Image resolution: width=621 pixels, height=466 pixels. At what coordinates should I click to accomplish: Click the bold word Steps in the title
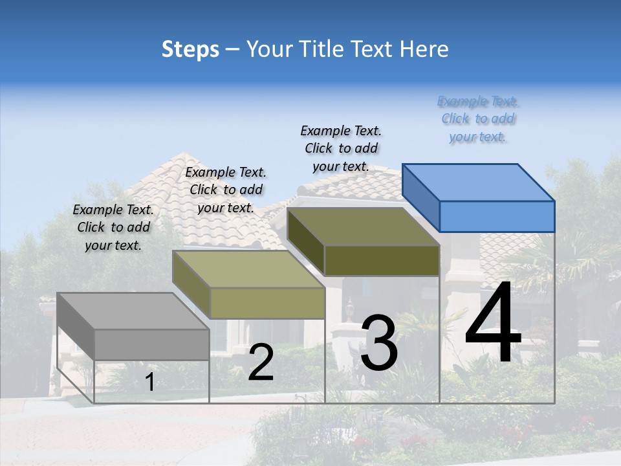coord(190,49)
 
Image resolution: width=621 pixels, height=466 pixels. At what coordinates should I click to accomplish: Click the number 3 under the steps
coord(378,343)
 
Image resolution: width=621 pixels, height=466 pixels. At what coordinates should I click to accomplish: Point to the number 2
coord(261,362)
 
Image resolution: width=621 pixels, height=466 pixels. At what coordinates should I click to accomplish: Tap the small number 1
coord(149,382)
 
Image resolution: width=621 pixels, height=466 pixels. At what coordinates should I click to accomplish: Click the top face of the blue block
coord(479,182)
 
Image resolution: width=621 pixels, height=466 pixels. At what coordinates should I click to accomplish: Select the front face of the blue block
coord(497,216)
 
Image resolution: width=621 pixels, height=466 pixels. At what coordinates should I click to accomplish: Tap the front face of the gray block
coord(151,344)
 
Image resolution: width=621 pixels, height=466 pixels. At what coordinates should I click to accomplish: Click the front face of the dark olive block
coord(382,260)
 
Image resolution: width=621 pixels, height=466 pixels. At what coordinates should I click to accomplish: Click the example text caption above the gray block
coord(113,227)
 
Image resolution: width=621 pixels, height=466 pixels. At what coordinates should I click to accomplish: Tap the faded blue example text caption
coord(478,118)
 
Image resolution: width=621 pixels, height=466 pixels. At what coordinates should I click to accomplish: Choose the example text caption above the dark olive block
coord(341,148)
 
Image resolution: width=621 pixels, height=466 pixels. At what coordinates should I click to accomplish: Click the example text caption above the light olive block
coord(226,190)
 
